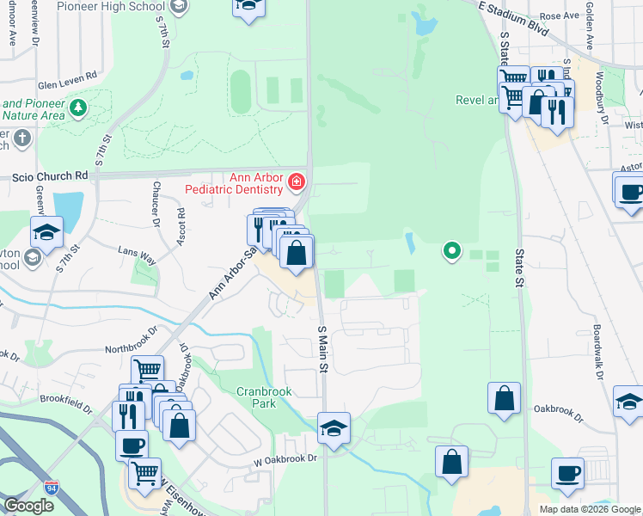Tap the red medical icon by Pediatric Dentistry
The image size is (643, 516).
(297, 181)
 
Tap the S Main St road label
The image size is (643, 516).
(323, 349)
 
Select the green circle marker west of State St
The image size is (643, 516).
(451, 251)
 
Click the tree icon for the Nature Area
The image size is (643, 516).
(79, 107)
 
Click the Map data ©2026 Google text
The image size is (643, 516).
(590, 509)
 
